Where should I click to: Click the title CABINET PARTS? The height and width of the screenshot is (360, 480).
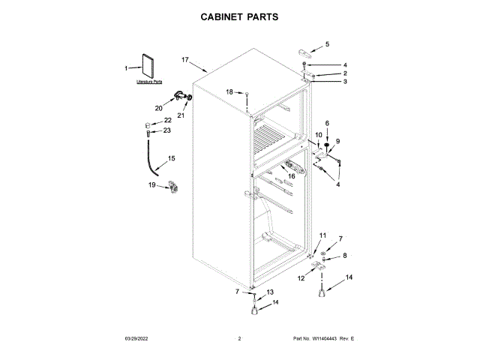click(x=240, y=15)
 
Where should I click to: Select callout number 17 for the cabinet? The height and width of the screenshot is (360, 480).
click(x=185, y=59)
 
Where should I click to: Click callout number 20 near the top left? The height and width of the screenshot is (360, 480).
click(x=158, y=108)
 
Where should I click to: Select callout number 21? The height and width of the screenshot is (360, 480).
click(x=180, y=115)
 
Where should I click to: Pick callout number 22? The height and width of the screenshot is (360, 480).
click(x=167, y=120)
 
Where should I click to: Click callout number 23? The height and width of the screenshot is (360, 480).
click(x=166, y=130)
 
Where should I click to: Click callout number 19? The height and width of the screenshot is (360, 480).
click(x=151, y=184)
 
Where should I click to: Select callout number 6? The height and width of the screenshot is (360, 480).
click(x=327, y=122)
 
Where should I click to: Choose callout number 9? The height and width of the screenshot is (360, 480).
click(x=337, y=141)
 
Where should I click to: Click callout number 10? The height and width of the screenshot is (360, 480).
click(x=318, y=135)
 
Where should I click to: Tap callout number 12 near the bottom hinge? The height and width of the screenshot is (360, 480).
click(x=301, y=278)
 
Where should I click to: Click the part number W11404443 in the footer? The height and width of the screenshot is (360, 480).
click(x=323, y=339)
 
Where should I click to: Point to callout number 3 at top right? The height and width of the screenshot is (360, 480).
click(x=345, y=82)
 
